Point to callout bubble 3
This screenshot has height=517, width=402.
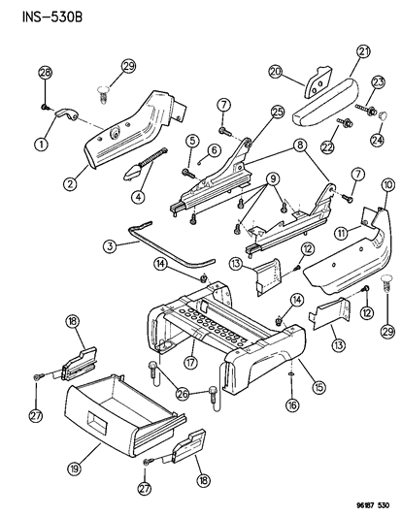[113, 249]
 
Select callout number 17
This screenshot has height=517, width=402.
[189, 360]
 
